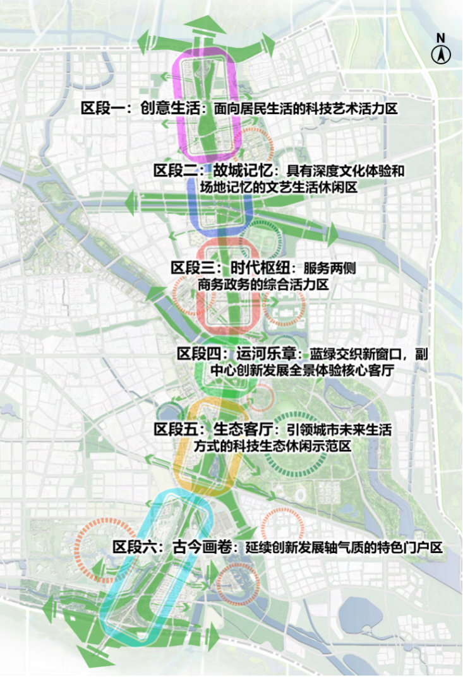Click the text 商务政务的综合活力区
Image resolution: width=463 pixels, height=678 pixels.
263,284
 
